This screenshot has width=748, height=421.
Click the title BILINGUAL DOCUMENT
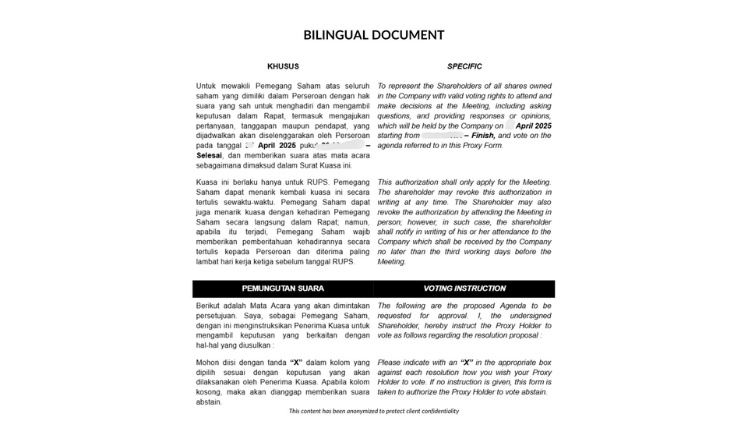click(x=373, y=35)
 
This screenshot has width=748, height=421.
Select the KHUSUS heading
click(x=283, y=66)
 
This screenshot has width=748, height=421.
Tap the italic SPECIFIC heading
click(x=464, y=66)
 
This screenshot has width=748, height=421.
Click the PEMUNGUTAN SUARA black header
click(x=283, y=288)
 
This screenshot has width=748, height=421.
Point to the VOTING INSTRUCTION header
click(x=464, y=288)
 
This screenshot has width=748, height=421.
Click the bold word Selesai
click(x=213, y=156)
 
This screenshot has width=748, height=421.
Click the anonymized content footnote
click(x=373, y=411)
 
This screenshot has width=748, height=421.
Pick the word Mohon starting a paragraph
click(x=210, y=363)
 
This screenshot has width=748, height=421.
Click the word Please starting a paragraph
click(x=390, y=363)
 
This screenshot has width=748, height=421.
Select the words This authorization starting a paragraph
click(x=414, y=182)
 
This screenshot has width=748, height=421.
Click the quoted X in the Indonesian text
click(x=296, y=363)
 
